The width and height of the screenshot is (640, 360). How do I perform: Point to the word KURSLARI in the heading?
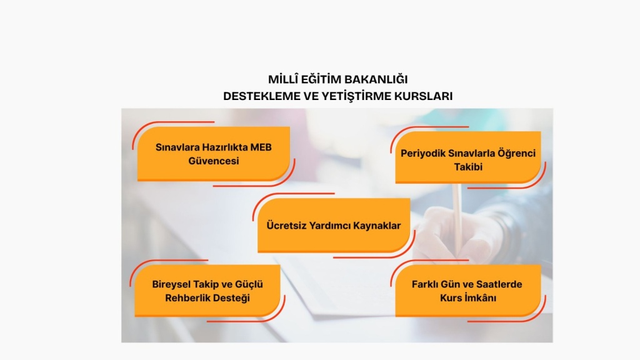click(x=423, y=96)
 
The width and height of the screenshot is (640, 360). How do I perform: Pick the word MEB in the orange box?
click(x=261, y=147)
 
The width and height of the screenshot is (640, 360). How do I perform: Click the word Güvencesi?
click(x=214, y=161)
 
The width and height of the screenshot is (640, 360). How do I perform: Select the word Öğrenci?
click(x=516, y=153)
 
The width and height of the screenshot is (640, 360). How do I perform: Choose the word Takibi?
click(x=468, y=167)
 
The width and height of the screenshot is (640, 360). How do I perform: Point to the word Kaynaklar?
click(x=377, y=226)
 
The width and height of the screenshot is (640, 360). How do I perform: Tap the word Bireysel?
click(x=171, y=284)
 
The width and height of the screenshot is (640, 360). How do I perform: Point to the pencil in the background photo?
click(x=457, y=221)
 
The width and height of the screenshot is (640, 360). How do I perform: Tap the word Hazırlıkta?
click(x=224, y=147)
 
